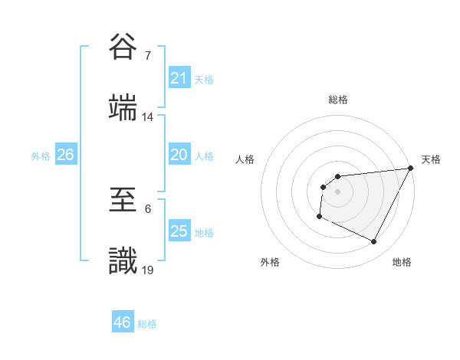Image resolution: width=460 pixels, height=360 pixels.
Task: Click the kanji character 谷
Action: pos(123,49)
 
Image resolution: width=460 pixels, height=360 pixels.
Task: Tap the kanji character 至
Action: pos(123,201)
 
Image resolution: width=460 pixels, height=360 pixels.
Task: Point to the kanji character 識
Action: pos(123,260)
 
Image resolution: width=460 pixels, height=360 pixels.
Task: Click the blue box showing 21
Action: pos(179,78)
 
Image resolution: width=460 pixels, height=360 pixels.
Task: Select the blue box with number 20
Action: pos(179,155)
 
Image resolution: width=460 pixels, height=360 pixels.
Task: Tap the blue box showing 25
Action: pos(179,231)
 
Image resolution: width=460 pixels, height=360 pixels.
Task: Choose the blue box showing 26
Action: pos(65,155)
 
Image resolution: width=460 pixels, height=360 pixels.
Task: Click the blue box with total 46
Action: pos(123,322)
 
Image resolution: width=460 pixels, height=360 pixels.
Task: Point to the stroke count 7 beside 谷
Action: pos(147,56)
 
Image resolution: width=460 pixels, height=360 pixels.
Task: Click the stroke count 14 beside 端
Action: pos(148,116)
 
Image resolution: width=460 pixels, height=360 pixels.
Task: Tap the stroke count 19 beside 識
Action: pos(148,269)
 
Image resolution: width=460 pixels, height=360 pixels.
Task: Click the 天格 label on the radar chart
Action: pos(431,159)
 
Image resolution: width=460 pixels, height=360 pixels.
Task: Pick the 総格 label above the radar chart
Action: pos(338,100)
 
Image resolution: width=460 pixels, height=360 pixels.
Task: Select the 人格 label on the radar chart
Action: pos(245,159)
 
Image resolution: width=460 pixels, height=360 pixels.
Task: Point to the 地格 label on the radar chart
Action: pos(402,262)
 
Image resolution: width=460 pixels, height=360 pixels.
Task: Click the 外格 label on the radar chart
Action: pos(270,262)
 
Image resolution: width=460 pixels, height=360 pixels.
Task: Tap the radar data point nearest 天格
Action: pos(410,169)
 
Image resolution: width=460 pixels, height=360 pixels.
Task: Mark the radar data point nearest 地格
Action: pos(374,242)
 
